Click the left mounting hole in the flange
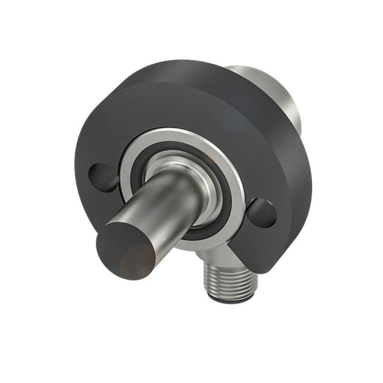[x=102, y=177]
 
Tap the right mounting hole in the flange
[x=261, y=212]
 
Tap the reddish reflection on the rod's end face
[x=135, y=262]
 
